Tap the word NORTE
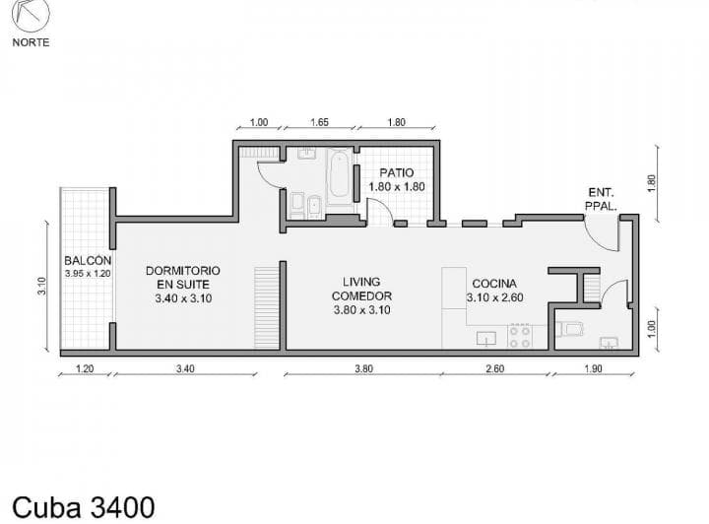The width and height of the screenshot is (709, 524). pos(31,42)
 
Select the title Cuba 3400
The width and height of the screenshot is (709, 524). pos(84,506)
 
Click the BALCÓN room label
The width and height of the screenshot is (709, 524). pos(88,261)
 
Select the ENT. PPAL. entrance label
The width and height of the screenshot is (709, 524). pos(602,200)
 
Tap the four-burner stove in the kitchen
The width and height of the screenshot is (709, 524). pos(519,337)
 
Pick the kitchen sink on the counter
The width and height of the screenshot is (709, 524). pos(486,338)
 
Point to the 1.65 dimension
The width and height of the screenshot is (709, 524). pos(319,123)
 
